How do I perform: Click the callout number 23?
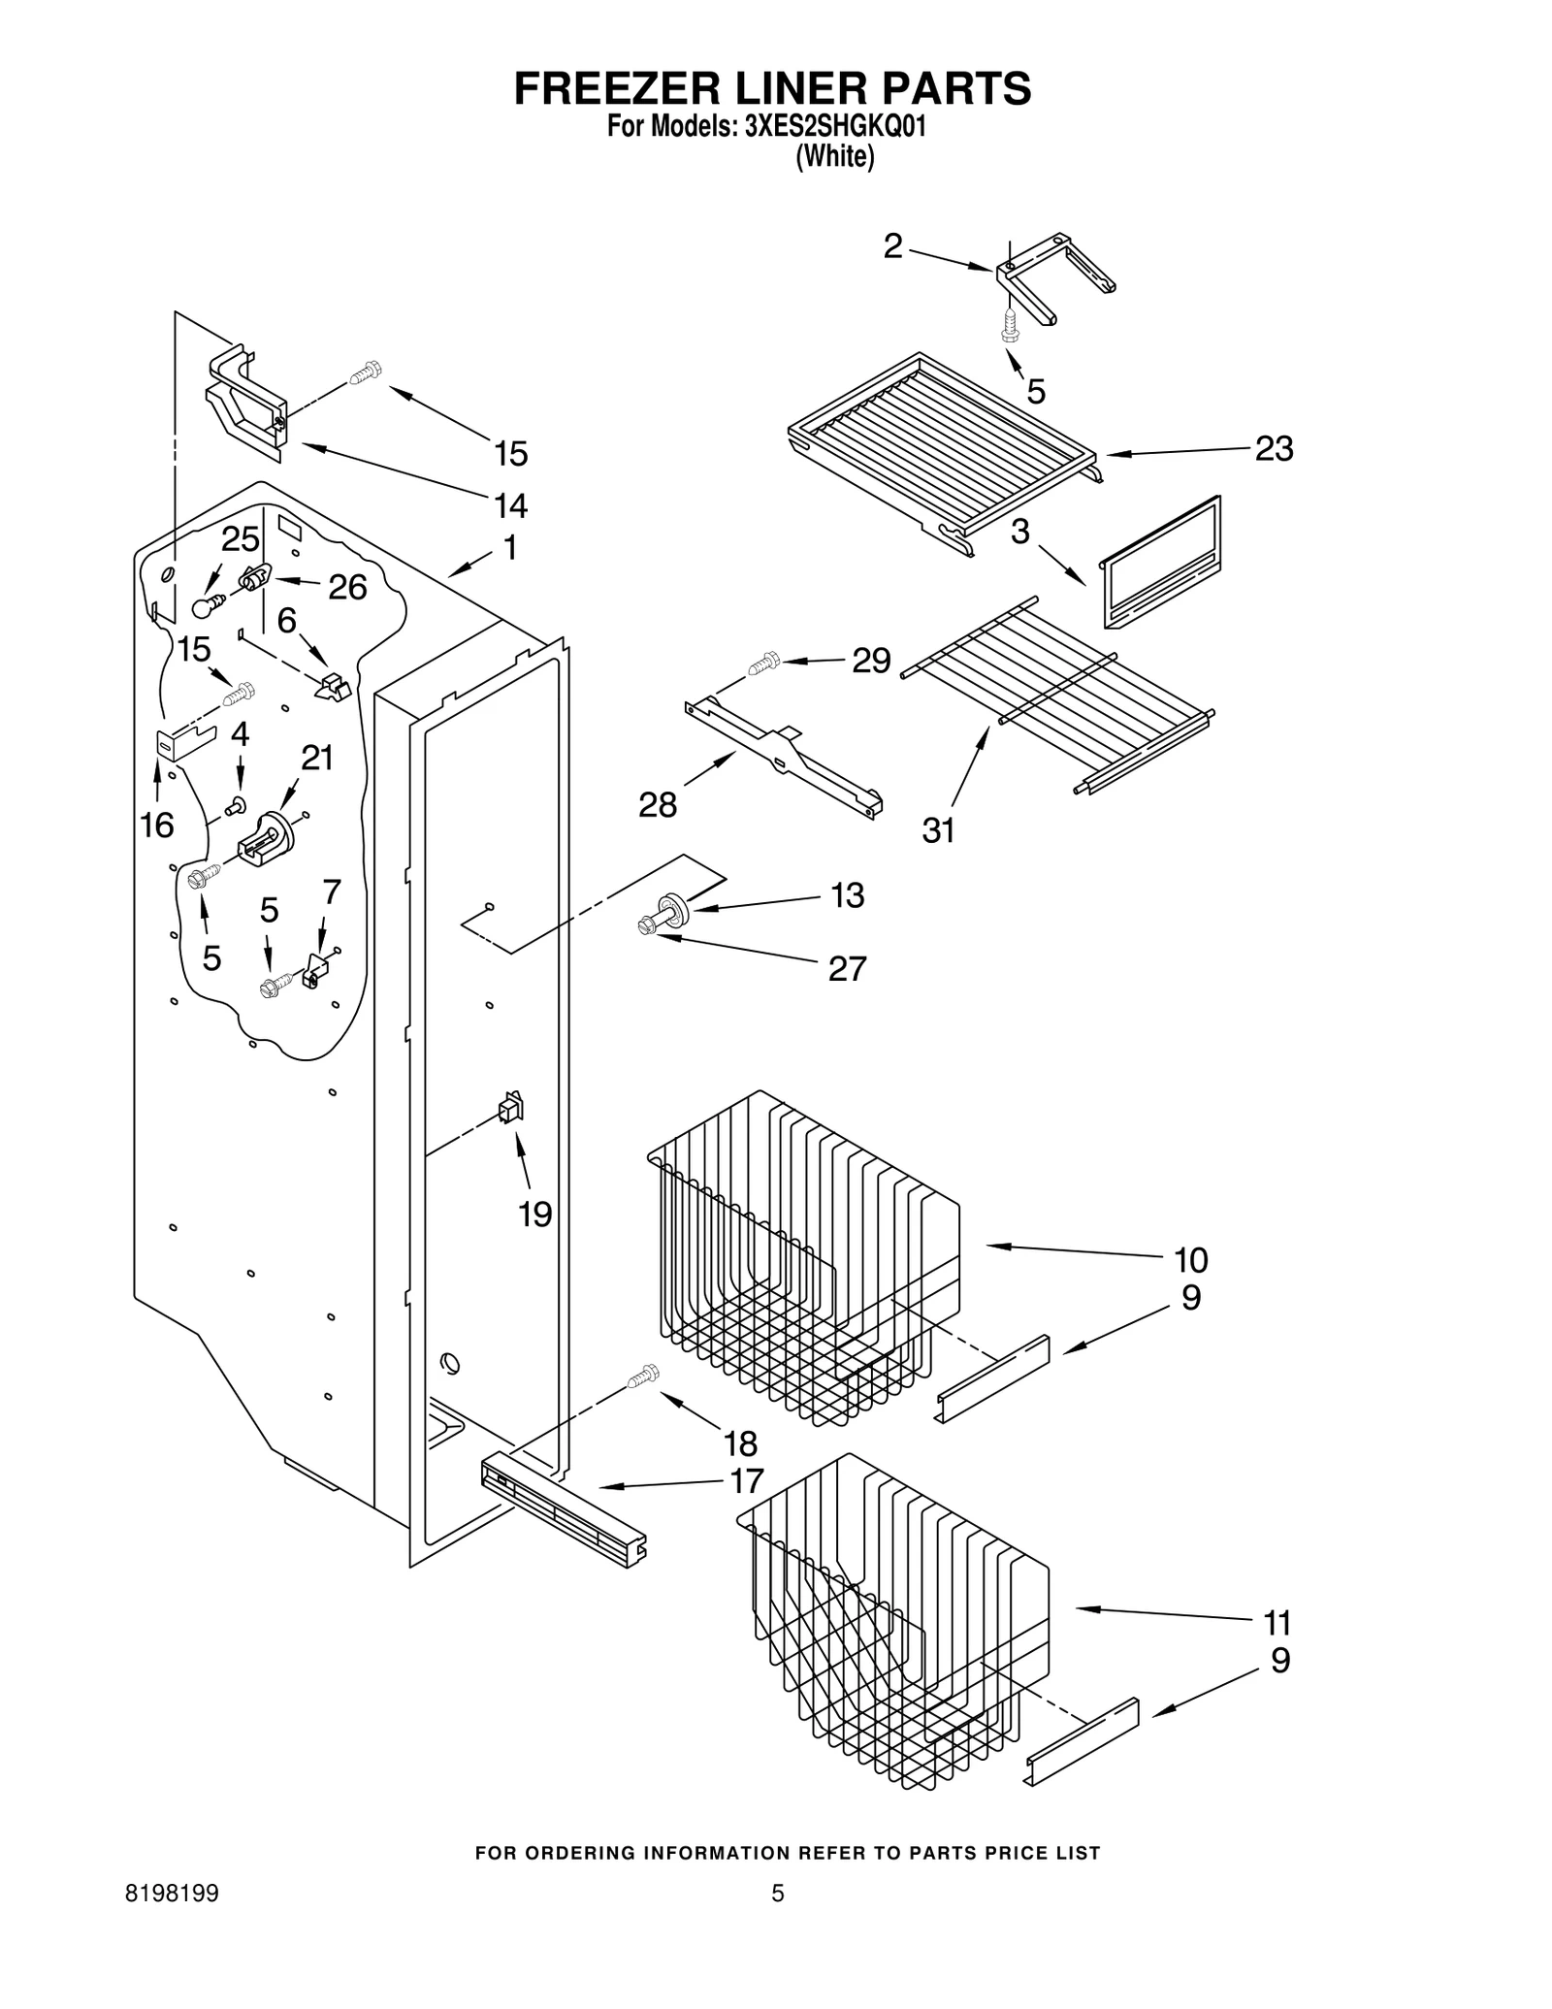1273,449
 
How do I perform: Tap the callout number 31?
938,830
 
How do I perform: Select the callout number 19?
535,1214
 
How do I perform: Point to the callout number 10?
1190,1260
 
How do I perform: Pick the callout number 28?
657,804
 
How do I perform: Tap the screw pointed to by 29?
763,664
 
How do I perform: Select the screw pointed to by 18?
642,1375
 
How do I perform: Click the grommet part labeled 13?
672,910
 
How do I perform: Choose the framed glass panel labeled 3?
1161,564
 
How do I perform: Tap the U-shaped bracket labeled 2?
1052,276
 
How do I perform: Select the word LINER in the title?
772,88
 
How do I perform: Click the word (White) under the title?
834,157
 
